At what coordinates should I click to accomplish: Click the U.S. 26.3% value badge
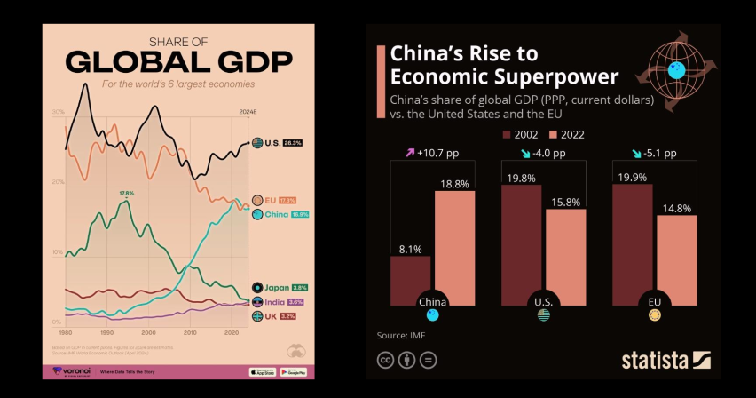click(x=293, y=142)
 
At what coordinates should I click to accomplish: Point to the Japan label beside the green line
click(x=276, y=287)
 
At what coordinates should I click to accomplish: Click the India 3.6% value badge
click(x=295, y=302)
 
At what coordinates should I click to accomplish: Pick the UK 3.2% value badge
click(x=287, y=316)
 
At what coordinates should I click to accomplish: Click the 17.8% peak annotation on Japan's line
click(x=126, y=193)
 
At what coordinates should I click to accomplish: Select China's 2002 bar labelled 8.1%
click(x=411, y=280)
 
